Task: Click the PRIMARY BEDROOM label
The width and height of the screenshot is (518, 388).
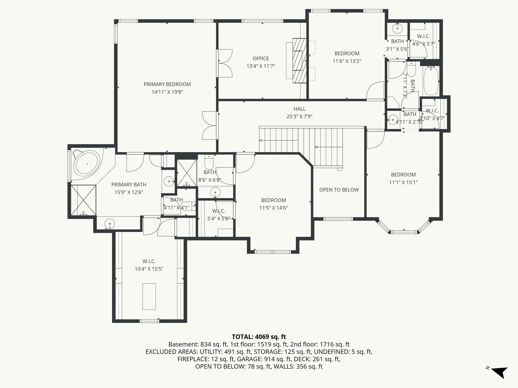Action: [x=167, y=84]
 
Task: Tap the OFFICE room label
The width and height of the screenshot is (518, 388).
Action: [x=261, y=59]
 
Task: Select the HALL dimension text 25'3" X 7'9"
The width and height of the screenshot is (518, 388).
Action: [x=299, y=117]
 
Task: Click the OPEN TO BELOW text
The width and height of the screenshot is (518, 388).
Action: [x=339, y=190]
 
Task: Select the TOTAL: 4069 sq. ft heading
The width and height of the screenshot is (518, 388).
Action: [x=259, y=337]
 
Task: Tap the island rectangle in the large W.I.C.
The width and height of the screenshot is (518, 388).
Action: [x=149, y=296]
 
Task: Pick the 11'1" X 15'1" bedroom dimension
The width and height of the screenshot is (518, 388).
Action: [x=403, y=182]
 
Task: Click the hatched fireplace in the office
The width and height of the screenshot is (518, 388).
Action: [x=300, y=61]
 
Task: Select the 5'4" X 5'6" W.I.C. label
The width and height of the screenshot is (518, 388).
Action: [x=218, y=219]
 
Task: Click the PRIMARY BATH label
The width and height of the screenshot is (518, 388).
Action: [x=129, y=185]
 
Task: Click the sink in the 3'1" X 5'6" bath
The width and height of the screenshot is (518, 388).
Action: [x=398, y=29]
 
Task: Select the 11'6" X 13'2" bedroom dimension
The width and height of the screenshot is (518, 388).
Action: [x=347, y=61]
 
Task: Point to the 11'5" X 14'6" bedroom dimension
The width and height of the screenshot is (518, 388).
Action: [x=273, y=208]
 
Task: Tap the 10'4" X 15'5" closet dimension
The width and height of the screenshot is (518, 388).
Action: [x=149, y=269]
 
